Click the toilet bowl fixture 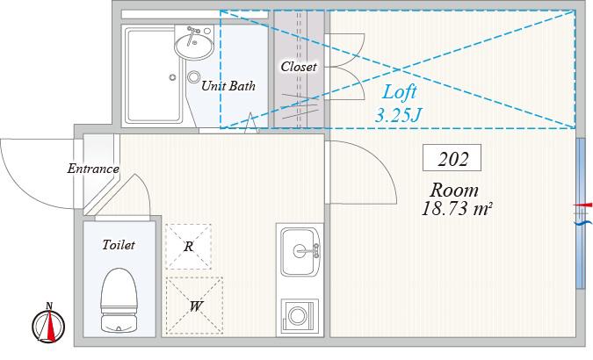point(119,300)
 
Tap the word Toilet point(119,245)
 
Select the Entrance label point(93,169)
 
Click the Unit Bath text point(228,86)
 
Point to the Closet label point(299,67)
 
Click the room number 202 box point(452,158)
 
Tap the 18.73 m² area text point(457,209)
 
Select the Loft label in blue point(400,92)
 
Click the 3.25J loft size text point(398,115)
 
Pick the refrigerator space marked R point(188,247)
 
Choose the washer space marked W point(195,306)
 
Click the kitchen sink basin point(300,251)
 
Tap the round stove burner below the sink point(297,315)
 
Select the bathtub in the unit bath point(154,75)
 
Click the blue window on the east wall point(581,213)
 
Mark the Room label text point(454,190)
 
